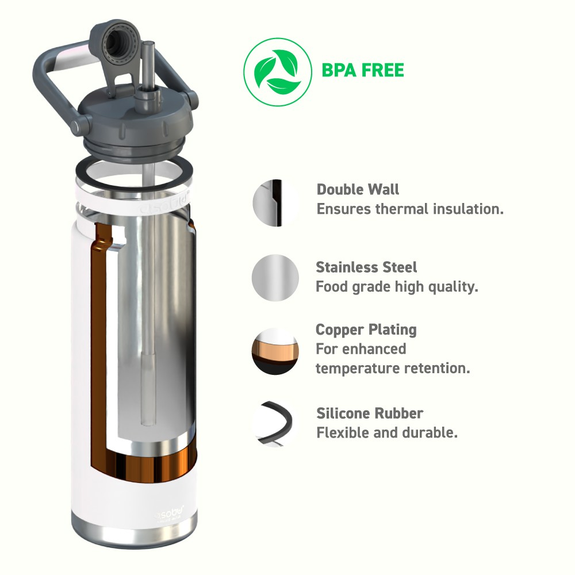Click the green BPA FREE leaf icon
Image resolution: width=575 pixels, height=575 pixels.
[x=278, y=72]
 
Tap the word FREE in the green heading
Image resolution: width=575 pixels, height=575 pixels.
[x=383, y=70]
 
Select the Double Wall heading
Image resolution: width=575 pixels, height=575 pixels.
[x=358, y=189]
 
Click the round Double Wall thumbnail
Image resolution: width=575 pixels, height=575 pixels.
[x=275, y=203]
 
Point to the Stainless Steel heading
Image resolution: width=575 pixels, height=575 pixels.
[x=366, y=267]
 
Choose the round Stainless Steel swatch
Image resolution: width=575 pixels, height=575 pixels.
[x=275, y=278]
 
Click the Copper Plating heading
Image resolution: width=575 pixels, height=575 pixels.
[x=366, y=329]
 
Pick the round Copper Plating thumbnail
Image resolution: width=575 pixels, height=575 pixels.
[x=275, y=351]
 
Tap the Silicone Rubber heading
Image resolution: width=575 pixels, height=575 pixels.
[x=370, y=413]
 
